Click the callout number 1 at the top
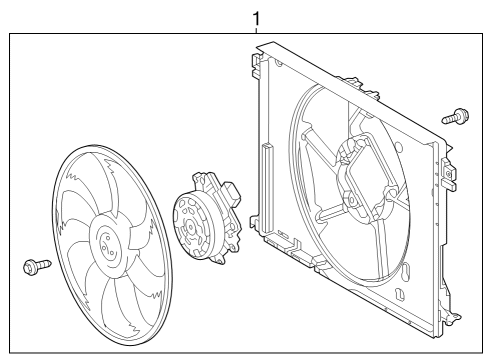(256, 19)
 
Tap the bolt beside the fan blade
(37, 266)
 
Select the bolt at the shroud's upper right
(455, 116)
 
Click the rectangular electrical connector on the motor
(232, 193)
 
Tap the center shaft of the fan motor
(190, 227)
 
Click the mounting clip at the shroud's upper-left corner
(256, 65)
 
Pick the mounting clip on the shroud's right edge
(449, 174)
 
